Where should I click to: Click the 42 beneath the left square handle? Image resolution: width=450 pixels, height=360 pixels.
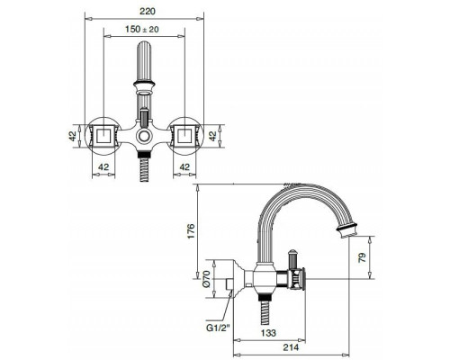[103, 167]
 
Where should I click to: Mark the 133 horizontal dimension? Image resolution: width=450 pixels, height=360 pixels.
[267, 332]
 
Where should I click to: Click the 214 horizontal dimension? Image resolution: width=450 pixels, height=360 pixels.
[290, 346]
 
